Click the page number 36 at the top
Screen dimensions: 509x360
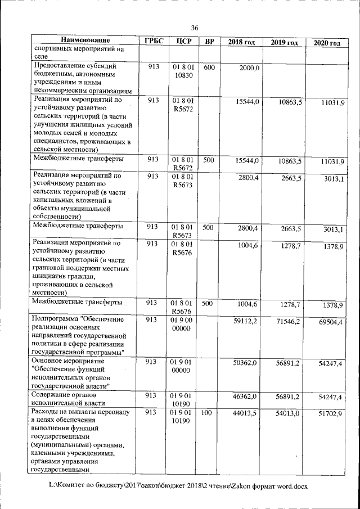[195, 28]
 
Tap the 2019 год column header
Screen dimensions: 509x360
[284, 43]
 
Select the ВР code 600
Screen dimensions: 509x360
[209, 67]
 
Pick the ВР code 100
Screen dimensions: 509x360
[206, 413]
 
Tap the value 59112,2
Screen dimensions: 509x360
[246, 321]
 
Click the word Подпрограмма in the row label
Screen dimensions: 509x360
[57, 319]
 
